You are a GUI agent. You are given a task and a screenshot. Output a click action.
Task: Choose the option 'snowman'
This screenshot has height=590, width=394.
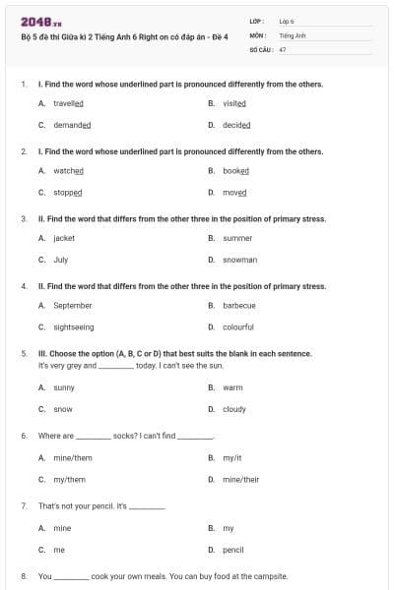[x=239, y=260]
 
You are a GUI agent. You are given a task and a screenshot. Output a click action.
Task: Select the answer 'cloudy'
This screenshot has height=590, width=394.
[x=234, y=409]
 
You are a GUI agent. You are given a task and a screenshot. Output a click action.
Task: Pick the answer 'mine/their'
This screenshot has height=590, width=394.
[x=240, y=479]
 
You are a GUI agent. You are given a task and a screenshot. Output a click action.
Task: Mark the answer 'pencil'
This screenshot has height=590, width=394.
[x=233, y=550]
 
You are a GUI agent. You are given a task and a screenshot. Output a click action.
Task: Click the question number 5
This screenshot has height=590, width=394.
[x=23, y=353]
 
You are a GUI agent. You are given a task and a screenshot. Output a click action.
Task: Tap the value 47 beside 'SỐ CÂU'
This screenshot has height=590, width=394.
[x=283, y=48]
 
